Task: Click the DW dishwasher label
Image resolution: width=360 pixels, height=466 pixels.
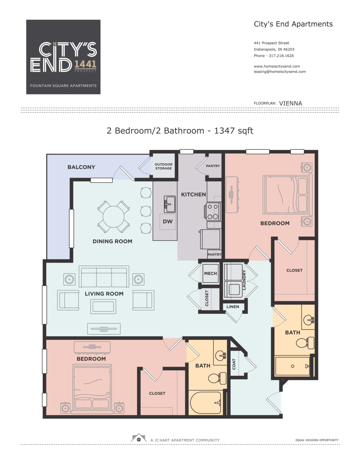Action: point(167,221)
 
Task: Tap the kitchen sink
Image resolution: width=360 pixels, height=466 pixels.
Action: point(169,204)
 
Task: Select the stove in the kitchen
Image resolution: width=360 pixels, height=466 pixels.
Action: point(212,212)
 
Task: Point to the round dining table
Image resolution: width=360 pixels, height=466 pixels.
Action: point(113,217)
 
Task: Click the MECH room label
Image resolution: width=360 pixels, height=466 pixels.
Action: point(210,273)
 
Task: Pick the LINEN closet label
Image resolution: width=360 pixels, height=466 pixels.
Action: point(232,307)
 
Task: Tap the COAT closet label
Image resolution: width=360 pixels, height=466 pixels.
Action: point(234,364)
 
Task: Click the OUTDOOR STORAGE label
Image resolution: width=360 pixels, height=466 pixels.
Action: point(163,167)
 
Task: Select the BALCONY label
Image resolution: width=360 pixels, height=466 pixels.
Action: point(81,167)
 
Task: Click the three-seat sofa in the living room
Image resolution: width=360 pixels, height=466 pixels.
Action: point(104,277)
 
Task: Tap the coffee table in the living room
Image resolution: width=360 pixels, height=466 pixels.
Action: point(103,306)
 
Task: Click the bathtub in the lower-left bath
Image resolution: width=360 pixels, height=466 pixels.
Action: point(205,403)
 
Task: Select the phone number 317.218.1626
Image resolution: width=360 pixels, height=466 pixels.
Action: point(281,56)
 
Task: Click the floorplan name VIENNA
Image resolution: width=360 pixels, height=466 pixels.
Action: point(290,103)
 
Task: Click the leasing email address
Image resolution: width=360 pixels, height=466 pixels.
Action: point(280,72)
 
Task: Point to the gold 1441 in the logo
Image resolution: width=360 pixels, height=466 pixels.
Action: point(85,64)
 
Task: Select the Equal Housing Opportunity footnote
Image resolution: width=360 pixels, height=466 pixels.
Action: point(317,440)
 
